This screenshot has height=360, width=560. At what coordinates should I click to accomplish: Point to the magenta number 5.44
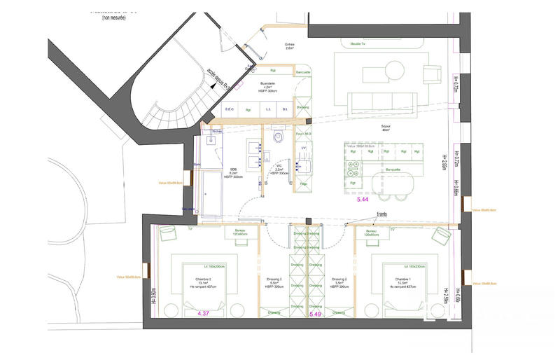[363, 200]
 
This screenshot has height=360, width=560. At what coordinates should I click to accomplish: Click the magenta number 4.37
[204, 312]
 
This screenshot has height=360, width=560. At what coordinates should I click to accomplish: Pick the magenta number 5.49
[316, 314]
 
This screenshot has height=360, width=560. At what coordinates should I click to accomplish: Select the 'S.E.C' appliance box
[229, 109]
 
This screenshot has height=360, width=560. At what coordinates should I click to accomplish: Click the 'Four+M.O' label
[303, 133]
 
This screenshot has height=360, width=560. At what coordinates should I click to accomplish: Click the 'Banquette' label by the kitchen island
[393, 169]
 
